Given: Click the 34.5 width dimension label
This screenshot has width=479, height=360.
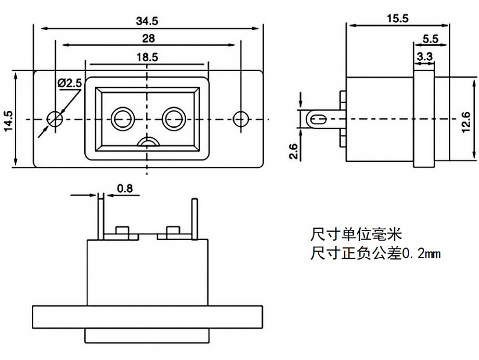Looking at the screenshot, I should [147, 20].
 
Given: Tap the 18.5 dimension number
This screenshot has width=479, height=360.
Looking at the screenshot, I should [147, 57].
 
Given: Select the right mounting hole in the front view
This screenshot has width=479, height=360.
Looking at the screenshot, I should [241, 118].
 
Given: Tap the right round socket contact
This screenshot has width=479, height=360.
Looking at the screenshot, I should [173, 118].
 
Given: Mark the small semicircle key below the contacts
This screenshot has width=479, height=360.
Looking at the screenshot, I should [148, 142].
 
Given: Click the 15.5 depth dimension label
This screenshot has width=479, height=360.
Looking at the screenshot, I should [397, 18].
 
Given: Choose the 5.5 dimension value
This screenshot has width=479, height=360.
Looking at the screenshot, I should [430, 39].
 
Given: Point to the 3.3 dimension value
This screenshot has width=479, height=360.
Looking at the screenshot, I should [424, 56].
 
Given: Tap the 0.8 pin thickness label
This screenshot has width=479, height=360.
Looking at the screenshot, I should [125, 188].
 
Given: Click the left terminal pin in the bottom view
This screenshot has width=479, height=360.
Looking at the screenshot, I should [100, 217].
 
